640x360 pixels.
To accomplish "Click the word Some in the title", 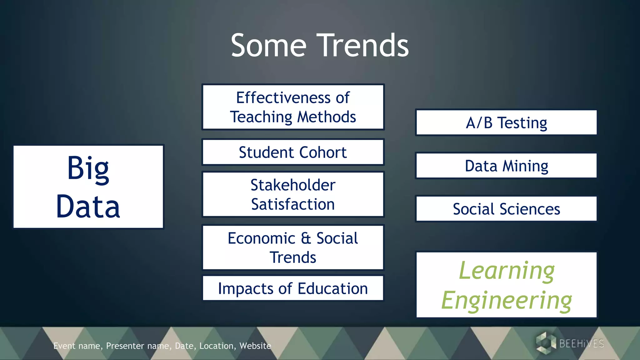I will coord(268,46).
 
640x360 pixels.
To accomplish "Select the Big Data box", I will coord(88,187).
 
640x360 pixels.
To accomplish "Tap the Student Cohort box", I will coord(293,152).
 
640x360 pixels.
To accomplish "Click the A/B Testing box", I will coord(506,122).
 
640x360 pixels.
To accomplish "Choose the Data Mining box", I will coord(506,166).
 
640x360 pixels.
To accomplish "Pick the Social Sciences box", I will coord(506,209).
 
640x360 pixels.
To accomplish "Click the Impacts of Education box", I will coord(293,288).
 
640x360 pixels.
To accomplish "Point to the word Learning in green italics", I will coord(507,271).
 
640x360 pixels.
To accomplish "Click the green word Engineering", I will coord(507,300).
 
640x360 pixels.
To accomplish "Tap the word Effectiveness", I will coord(283,97).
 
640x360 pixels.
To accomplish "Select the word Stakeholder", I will coord(293,185).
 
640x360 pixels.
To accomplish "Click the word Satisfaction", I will coord(293,204).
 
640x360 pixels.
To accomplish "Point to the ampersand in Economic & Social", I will coord(306,238).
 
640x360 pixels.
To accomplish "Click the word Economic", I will coord(261,238).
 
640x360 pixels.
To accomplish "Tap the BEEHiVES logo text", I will coord(581,343).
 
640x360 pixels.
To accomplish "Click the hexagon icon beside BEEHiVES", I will coord(545,343).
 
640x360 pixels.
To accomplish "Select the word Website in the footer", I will coord(255,346).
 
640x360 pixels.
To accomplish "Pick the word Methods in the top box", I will coord(326,117).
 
